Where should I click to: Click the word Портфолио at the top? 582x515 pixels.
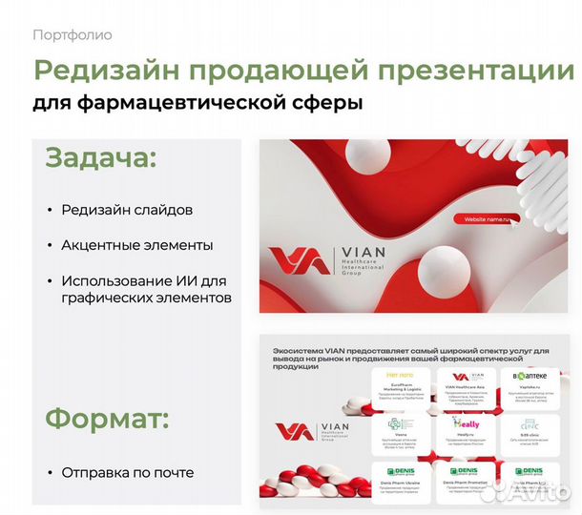click(x=72, y=35)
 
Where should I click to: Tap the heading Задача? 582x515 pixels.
click(x=100, y=157)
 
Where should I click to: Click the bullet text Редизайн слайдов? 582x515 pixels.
click(x=127, y=210)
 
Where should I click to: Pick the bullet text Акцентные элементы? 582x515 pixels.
click(x=137, y=245)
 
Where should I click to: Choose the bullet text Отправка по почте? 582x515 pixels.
click(x=128, y=472)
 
